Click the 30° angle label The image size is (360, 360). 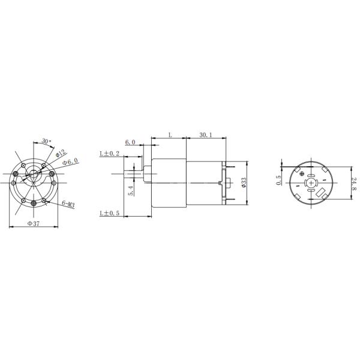click(47, 142)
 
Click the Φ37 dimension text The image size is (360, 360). click(34, 223)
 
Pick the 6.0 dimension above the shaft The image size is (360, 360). click(130, 142)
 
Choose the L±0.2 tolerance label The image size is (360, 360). click(109, 154)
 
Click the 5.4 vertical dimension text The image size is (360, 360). click(131, 191)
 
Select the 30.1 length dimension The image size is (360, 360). click(205, 136)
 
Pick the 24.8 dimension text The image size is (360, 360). click(354, 184)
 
